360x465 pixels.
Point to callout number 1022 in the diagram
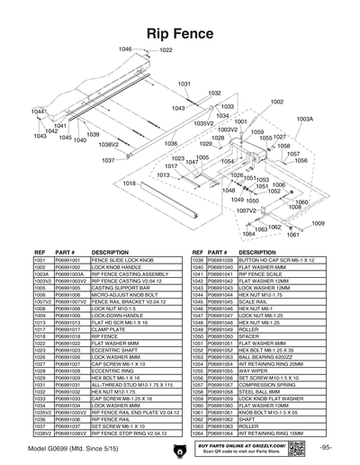pos(166,50)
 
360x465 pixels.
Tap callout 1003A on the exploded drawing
pos(304,119)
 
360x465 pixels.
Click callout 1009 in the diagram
pos(318,224)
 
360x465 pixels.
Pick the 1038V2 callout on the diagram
pos(109,144)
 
